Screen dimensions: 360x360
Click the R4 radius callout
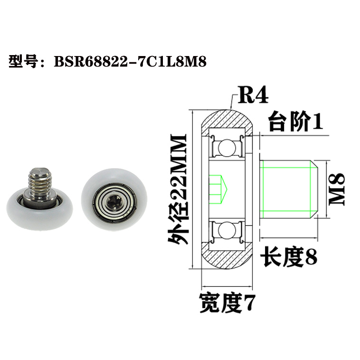click(x=252, y=96)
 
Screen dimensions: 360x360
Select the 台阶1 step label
click(x=295, y=123)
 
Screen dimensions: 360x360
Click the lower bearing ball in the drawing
click(x=226, y=231)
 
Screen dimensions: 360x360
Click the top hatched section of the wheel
click(x=228, y=119)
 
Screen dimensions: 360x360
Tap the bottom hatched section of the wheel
click(x=228, y=259)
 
